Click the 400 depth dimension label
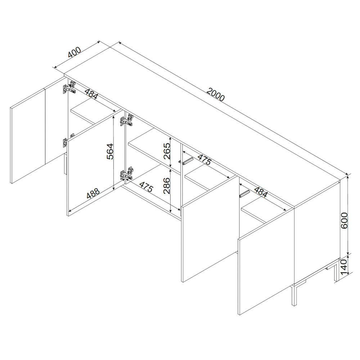tap(75, 52)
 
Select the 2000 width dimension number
tap(215, 94)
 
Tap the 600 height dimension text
tap(344, 220)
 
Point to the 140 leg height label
tap(344, 267)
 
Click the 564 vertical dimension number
tap(110, 151)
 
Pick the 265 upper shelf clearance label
tap(167, 151)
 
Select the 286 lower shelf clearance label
tap(167, 185)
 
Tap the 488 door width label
tap(93, 193)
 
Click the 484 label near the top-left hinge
tap(91, 93)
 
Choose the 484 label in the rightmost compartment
tap(261, 192)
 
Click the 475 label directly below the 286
tap(146, 187)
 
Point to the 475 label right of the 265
tap(204, 160)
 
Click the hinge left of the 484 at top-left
tap(69, 87)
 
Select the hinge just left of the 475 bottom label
tap(126, 174)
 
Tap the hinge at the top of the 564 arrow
tap(126, 120)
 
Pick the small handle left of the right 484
tap(244, 194)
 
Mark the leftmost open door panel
tap(28, 135)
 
